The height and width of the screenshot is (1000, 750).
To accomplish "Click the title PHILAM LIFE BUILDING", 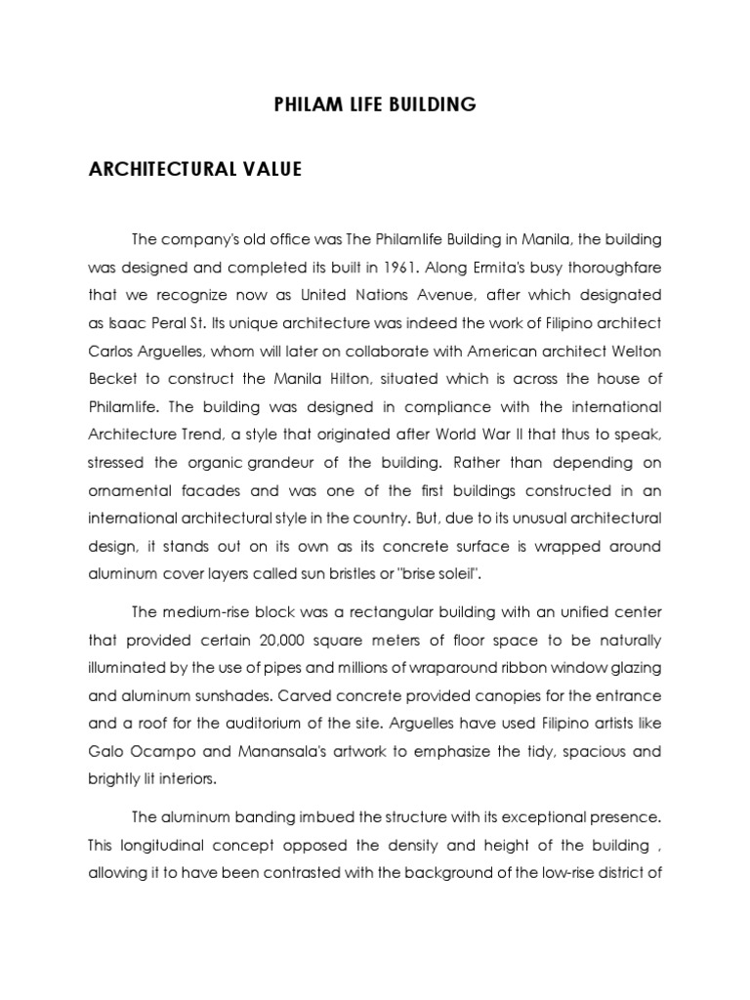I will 375,104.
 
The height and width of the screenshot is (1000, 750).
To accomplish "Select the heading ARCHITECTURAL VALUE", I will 195,170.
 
